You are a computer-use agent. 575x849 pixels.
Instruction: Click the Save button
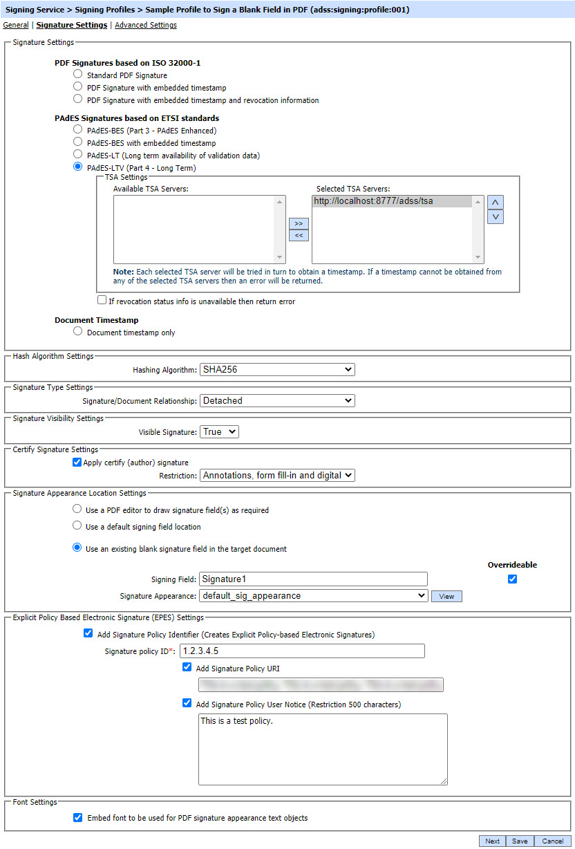coord(520,841)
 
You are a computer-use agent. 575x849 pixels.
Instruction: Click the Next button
coord(492,841)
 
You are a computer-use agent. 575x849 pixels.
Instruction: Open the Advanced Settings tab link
coord(146,25)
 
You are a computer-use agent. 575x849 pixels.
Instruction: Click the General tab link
coord(16,25)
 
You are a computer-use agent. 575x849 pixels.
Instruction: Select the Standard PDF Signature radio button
coord(78,75)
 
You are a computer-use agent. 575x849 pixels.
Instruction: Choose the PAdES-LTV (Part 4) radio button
coord(78,167)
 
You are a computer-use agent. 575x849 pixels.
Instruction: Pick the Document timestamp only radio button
coord(78,332)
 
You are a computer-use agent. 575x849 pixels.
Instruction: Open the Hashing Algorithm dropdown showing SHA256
coord(276,370)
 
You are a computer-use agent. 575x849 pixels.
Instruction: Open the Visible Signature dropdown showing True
coord(218,431)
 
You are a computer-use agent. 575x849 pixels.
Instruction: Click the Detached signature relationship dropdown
coord(276,400)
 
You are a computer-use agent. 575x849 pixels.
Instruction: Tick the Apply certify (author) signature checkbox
coord(77,463)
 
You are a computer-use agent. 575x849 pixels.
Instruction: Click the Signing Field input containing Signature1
coord(313,579)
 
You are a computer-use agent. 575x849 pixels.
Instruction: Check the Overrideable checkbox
coord(512,579)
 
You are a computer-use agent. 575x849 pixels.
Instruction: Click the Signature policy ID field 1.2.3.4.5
coord(302,651)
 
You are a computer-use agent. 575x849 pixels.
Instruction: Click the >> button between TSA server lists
coord(299,224)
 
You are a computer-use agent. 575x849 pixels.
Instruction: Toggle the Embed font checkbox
coord(78,817)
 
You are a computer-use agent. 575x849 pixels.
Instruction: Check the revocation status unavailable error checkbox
coord(102,301)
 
